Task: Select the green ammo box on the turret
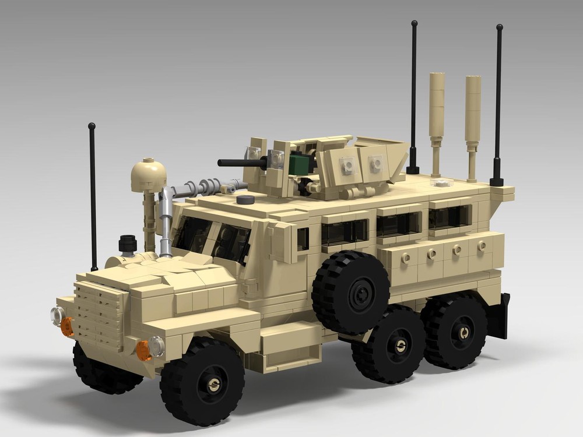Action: (x=299, y=163)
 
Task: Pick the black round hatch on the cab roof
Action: (x=245, y=200)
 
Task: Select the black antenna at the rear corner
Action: (x=498, y=105)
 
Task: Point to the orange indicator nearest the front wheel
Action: (x=143, y=350)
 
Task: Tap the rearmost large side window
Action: (x=449, y=217)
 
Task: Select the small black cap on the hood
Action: (x=128, y=243)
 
